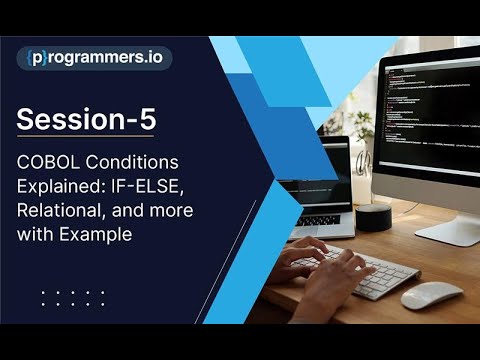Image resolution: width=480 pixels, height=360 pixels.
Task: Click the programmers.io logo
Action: point(94,57)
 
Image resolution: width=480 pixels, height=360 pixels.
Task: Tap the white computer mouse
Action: point(431,295)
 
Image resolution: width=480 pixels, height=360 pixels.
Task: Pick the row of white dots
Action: point(73,296)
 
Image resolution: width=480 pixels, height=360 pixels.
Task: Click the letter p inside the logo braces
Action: point(38,57)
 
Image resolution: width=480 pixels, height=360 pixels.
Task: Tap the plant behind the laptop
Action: point(361,130)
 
